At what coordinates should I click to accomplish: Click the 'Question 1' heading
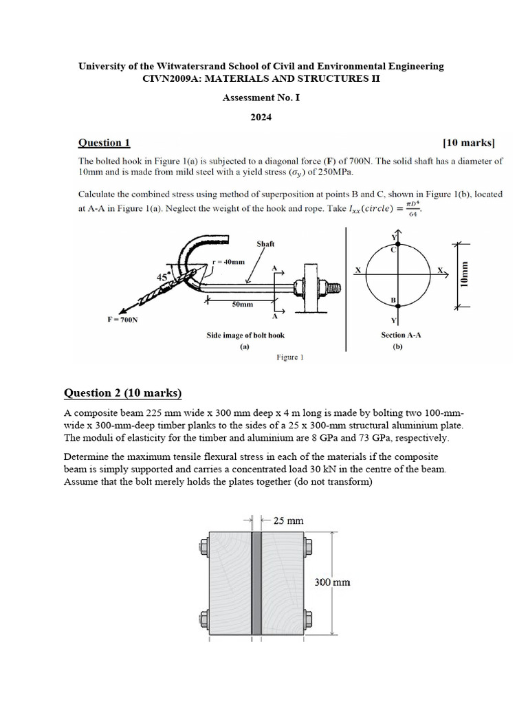coord(104,143)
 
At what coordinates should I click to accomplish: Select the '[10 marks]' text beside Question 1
coord(469,143)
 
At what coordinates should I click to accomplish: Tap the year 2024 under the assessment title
coord(261,117)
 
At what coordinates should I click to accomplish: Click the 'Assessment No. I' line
coord(261,98)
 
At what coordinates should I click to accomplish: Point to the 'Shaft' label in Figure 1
coord(265,243)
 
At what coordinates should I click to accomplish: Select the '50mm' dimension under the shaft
coord(242,303)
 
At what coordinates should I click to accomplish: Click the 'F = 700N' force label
coord(122,320)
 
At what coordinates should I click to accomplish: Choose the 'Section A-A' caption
coord(401,335)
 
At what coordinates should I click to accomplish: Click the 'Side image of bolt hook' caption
coord(245,335)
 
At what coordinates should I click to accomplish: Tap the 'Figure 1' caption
coord(289,357)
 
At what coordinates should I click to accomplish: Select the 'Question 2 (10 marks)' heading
coord(123,393)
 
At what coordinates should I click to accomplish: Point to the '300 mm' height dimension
coord(332,582)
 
